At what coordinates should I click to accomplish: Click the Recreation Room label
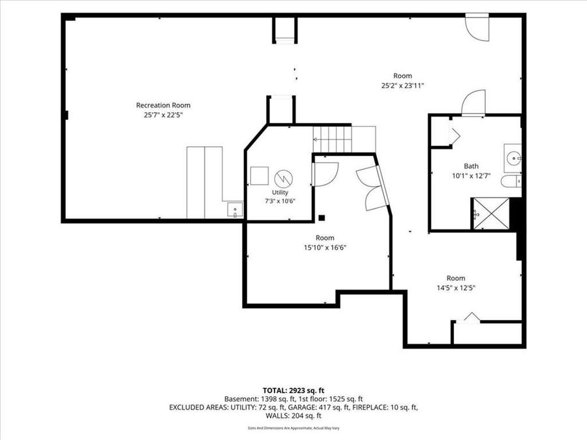pos(163,105)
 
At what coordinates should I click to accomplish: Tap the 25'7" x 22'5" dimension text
pos(163,115)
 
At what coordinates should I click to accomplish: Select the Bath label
pos(471,166)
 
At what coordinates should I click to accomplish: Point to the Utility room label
pos(280,192)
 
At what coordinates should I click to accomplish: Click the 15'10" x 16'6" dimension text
pos(325,247)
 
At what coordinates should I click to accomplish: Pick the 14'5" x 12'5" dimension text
pos(456,287)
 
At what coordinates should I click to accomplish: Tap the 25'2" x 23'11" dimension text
pos(402,85)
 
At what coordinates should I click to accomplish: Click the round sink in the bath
pos(513,158)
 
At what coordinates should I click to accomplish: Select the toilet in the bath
pos(511,181)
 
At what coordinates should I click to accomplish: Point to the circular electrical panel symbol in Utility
pos(284,179)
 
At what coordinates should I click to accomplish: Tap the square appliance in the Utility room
pos(260,175)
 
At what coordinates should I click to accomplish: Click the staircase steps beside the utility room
pos(333,139)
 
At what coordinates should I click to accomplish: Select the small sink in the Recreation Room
pos(235,209)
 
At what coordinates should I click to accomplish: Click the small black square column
pos(321,218)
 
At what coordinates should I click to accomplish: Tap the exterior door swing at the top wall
pos(477,28)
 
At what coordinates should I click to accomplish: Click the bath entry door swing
pos(474,103)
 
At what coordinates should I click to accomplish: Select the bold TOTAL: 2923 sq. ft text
pos(293,391)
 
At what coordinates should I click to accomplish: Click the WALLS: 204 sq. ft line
pos(293,416)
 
